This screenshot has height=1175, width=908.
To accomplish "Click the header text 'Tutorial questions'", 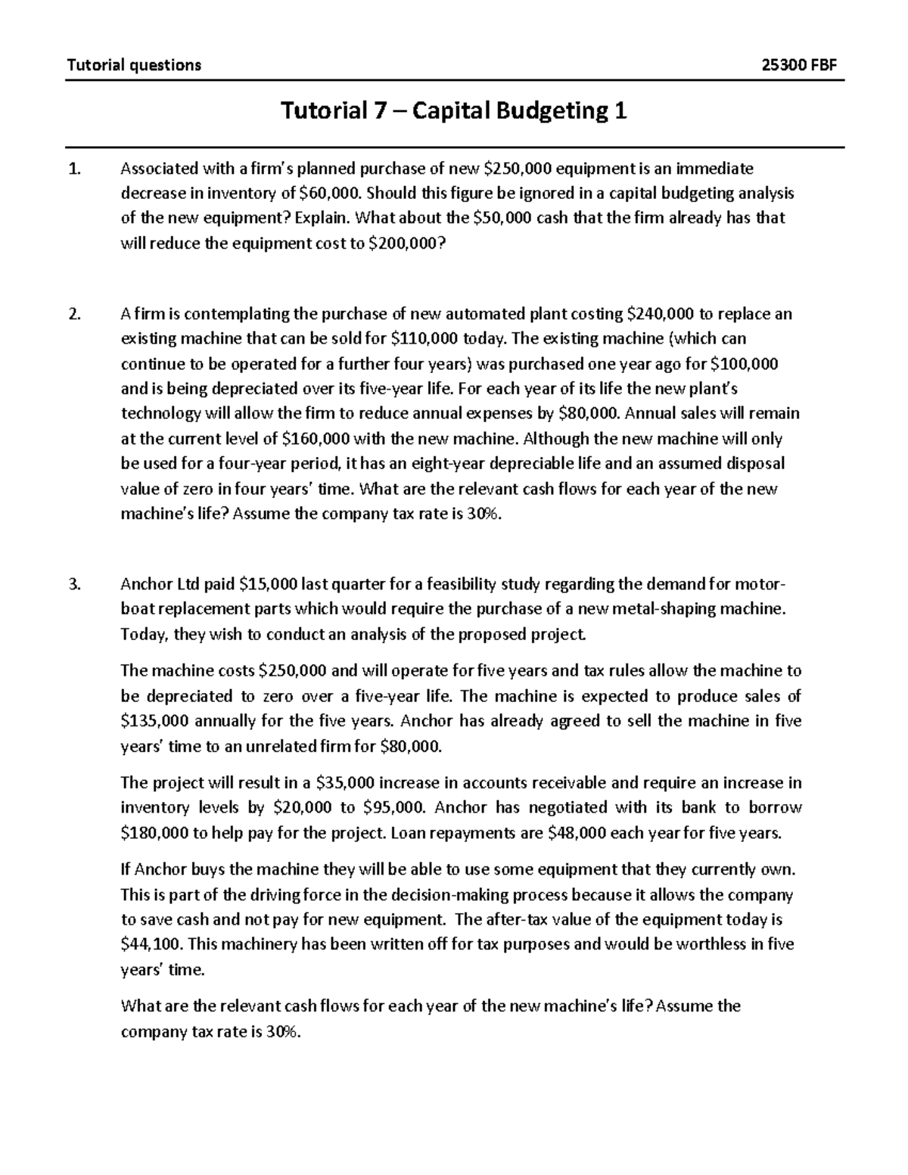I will tap(134, 64).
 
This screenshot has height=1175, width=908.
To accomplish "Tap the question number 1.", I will tap(73, 168).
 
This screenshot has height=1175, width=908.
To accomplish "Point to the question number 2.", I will tap(73, 314).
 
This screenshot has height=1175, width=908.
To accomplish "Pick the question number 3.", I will tap(73, 584).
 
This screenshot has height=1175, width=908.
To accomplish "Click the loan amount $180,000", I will tap(157, 833).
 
